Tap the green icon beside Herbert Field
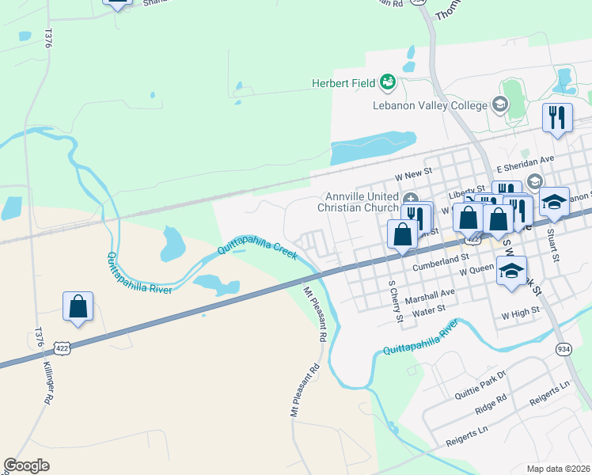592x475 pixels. tap(387, 81)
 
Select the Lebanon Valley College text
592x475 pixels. tap(431, 105)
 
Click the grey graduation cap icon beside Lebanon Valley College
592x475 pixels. tap(499, 104)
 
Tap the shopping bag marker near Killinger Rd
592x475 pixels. tap(78, 306)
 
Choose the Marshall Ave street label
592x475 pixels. tap(430, 292)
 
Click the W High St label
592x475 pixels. tap(519, 314)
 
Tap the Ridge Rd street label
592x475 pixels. tap(491, 403)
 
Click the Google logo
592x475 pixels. tap(26, 465)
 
